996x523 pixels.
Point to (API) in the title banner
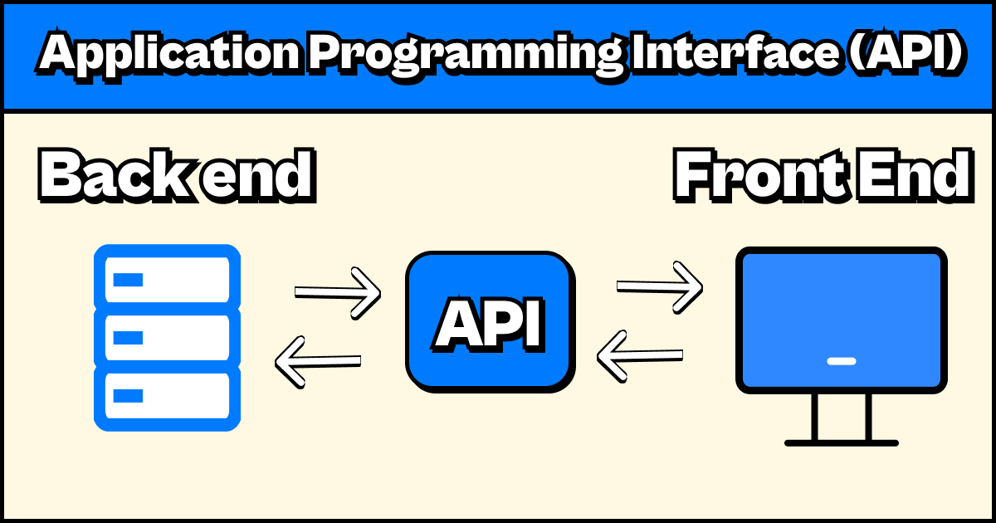tap(909, 55)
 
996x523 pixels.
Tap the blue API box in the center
tap(490, 322)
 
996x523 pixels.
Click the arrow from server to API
tap(337, 292)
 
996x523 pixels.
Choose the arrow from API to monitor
tap(659, 286)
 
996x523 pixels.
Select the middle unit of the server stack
tap(167, 338)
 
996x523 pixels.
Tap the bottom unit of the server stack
tap(167, 396)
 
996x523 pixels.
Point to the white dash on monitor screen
tap(841, 361)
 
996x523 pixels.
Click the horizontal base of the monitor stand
tap(841, 442)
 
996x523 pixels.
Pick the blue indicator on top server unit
tap(128, 280)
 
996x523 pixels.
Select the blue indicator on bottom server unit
tap(128, 396)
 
